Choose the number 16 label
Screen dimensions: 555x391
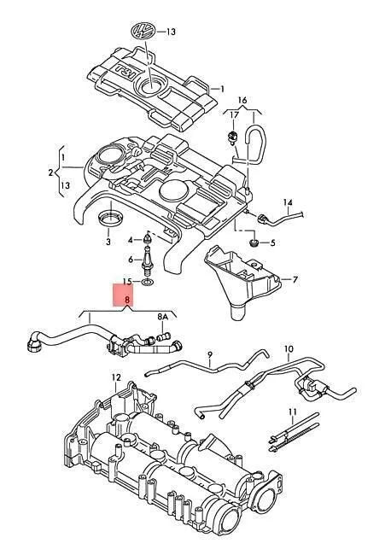242,100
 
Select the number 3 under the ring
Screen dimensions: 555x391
108,242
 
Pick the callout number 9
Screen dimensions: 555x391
207,353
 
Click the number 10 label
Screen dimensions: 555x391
288,348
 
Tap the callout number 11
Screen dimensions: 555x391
291,412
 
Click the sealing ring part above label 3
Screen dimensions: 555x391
108,221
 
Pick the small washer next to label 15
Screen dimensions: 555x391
148,280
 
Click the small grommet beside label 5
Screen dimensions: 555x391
254,242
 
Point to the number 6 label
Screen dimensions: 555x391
131,260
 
